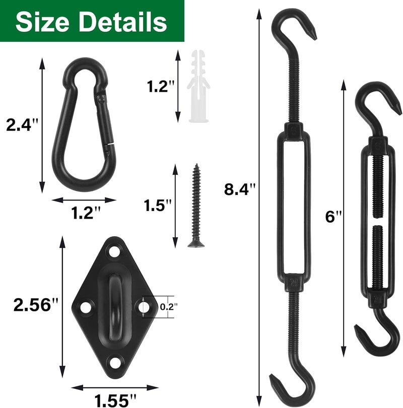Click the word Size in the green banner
click(x=42, y=22)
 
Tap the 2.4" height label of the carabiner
click(x=22, y=125)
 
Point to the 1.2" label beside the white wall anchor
click(x=161, y=87)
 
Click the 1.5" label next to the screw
click(x=157, y=206)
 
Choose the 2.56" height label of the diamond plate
click(x=36, y=305)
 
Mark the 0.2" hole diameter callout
click(x=169, y=307)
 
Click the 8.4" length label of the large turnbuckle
click(x=240, y=189)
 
